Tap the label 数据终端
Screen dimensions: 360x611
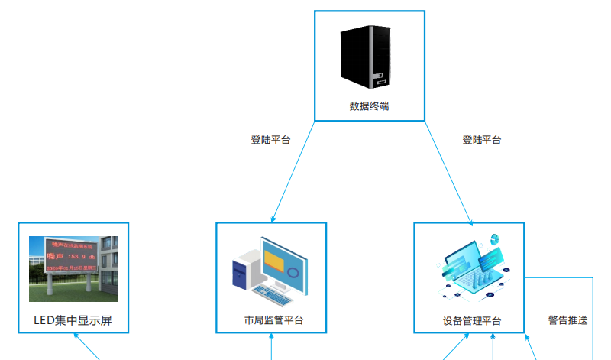pos(369,106)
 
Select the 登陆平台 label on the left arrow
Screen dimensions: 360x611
pos(270,140)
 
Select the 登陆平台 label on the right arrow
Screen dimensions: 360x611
pos(482,140)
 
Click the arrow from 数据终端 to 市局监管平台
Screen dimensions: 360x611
pos(293,172)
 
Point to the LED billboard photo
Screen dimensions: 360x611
pos(73,268)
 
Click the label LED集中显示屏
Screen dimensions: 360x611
pos(73,320)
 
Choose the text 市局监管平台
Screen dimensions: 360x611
pos(272,320)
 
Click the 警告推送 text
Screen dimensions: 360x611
pos(568,320)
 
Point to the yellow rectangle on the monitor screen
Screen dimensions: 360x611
pos(273,259)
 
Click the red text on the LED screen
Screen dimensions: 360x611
pos(70,257)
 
